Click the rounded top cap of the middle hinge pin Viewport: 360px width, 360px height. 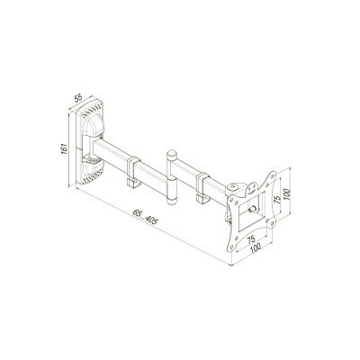[170, 148]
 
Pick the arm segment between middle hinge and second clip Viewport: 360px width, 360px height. [184, 175]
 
